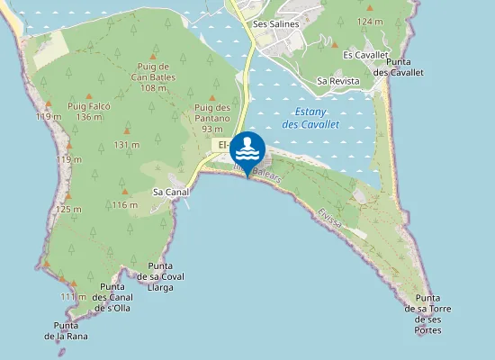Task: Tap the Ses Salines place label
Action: pyautogui.click(x=274, y=24)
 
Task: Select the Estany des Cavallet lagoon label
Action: pyautogui.click(x=310, y=119)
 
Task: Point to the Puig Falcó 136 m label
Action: pyautogui.click(x=88, y=112)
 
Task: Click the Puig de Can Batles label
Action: pyautogui.click(x=153, y=76)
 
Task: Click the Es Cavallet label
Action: pyautogui.click(x=365, y=55)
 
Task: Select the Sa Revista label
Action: pyautogui.click(x=338, y=81)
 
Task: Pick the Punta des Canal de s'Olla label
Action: pyautogui.click(x=112, y=297)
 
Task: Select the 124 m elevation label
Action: pyautogui.click(x=369, y=21)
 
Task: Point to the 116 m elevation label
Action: pyautogui.click(x=125, y=205)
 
